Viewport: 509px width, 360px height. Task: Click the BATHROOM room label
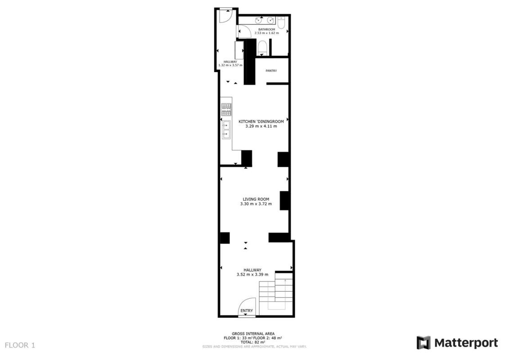[x=266, y=29]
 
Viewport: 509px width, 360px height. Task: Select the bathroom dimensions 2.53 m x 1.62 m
[x=266, y=33]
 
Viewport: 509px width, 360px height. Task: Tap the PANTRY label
[x=271, y=71]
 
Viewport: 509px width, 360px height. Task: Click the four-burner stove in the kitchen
[x=226, y=109]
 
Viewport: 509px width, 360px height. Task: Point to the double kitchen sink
[x=226, y=130]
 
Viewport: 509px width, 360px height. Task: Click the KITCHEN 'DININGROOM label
[x=261, y=121]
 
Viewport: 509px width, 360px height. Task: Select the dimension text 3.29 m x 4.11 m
[x=261, y=126]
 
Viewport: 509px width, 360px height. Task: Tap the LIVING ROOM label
[x=256, y=199]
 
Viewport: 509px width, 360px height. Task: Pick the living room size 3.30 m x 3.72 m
[x=256, y=204]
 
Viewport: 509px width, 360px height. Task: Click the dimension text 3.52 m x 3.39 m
[x=252, y=274]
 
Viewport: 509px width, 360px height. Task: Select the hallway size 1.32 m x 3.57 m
[x=230, y=65]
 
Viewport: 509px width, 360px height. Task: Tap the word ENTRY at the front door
[x=246, y=310]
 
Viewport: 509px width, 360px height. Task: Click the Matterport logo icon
[x=423, y=342]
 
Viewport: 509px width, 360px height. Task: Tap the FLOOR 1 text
[x=20, y=345]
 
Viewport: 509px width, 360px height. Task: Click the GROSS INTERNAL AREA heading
[x=253, y=333]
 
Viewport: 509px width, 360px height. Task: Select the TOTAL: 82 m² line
[x=252, y=342]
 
